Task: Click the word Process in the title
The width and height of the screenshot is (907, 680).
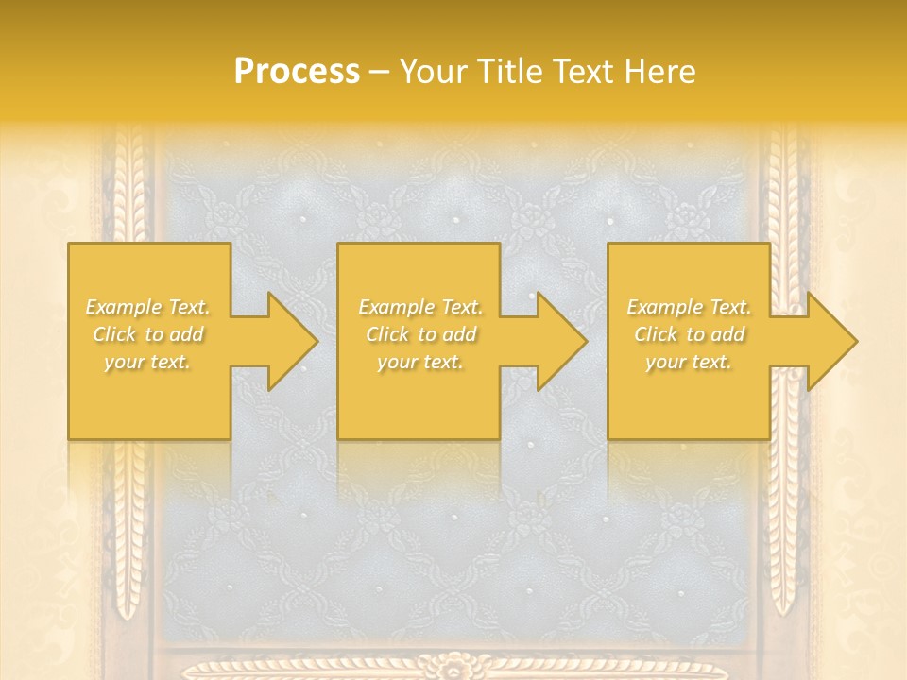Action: pyautogui.click(x=297, y=72)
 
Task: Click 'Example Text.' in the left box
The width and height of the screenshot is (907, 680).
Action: pyautogui.click(x=147, y=307)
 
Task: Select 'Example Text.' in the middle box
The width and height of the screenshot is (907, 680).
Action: pyautogui.click(x=419, y=307)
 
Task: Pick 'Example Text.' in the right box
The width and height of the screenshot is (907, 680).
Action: pyautogui.click(x=689, y=307)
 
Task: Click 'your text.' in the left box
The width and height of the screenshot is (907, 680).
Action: pyautogui.click(x=147, y=362)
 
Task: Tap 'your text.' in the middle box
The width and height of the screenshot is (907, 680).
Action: pyautogui.click(x=419, y=362)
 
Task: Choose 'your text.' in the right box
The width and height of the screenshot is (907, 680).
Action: pyautogui.click(x=689, y=362)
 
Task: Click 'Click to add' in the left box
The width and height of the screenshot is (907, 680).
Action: pyautogui.click(x=147, y=334)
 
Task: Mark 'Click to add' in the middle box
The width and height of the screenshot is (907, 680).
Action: pyautogui.click(x=419, y=334)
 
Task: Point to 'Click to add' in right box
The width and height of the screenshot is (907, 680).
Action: pyautogui.click(x=689, y=334)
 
